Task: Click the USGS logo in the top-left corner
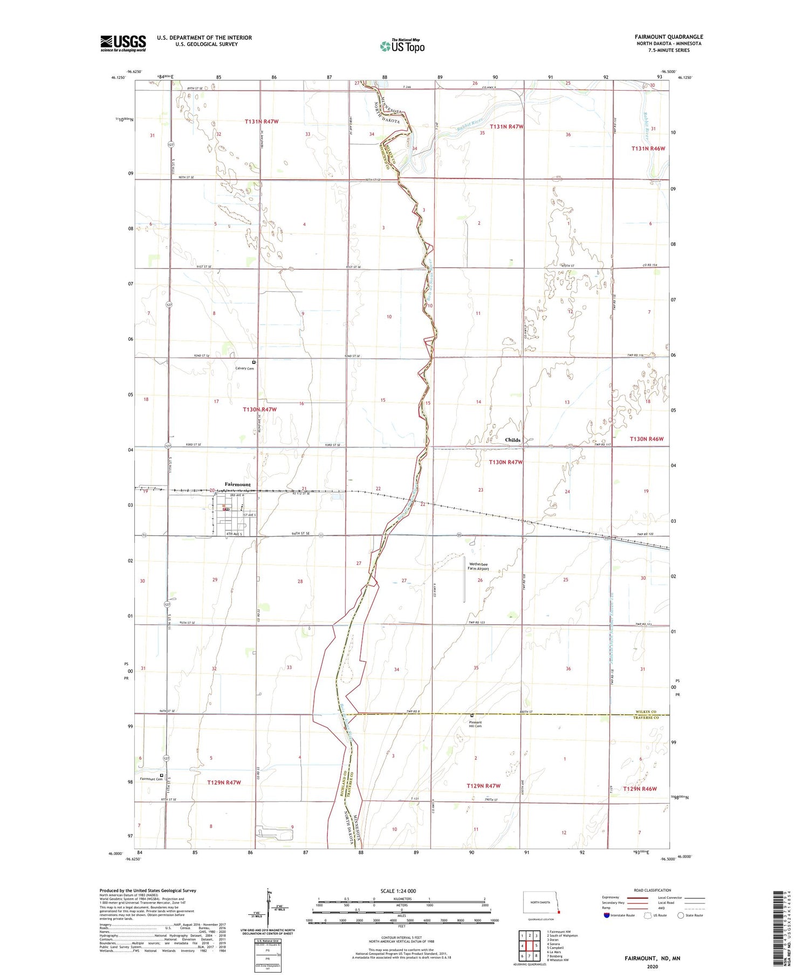coord(123,43)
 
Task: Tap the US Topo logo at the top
coord(402,46)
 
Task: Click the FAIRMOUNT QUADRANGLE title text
coord(668,37)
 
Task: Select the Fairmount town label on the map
coord(238,484)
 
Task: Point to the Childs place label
coord(512,440)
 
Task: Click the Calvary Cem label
coord(244,368)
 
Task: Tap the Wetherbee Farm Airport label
coord(478,566)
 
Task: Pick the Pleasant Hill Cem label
coord(475,724)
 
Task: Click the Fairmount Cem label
coord(151,779)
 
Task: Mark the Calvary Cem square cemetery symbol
coord(254,362)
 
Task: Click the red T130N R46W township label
coord(646,439)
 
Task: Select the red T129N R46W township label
coord(640,789)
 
